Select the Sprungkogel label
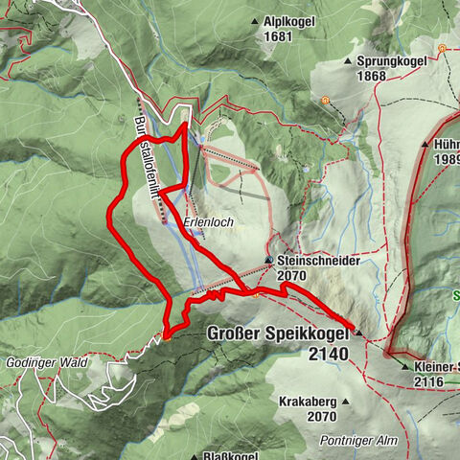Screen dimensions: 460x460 (390, 60)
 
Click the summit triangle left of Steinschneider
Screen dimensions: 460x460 (268, 260)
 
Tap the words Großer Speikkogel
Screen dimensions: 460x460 (279, 334)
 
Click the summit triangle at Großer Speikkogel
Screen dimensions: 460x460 (358, 332)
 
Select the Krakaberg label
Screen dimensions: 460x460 (309, 402)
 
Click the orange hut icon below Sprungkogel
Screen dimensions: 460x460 (326, 99)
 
